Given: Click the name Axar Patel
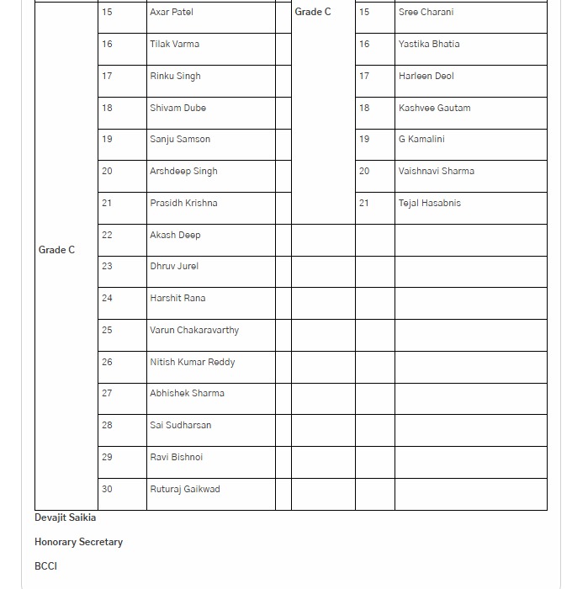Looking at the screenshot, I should pyautogui.click(x=171, y=13).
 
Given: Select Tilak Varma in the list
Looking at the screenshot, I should pyautogui.click(x=174, y=44).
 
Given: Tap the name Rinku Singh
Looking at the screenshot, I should pyautogui.click(x=175, y=76).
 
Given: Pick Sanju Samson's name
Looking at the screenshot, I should pyautogui.click(x=180, y=140).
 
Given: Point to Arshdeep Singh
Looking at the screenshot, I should pyautogui.click(x=183, y=172).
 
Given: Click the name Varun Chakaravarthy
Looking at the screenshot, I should pyautogui.click(x=194, y=331).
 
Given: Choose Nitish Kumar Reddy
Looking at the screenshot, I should pyautogui.click(x=192, y=362).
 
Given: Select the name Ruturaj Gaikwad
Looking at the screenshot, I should pyautogui.click(x=184, y=489).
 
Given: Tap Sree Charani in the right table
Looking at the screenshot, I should pyautogui.click(x=426, y=13).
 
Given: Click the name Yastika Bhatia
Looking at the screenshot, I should pyautogui.click(x=429, y=44).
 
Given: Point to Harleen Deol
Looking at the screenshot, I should pyautogui.click(x=426, y=76).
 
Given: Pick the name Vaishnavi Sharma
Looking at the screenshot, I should pyautogui.click(x=436, y=172).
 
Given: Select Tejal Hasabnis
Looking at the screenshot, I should pyautogui.click(x=429, y=203).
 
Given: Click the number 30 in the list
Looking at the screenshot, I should pyautogui.click(x=107, y=489).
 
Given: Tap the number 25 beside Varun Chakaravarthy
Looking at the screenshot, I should pyautogui.click(x=107, y=331).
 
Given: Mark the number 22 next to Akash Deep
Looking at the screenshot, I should pyautogui.click(x=107, y=235).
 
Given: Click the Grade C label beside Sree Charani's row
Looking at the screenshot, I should pyautogui.click(x=313, y=13).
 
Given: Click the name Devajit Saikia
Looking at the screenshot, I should pyautogui.click(x=65, y=517).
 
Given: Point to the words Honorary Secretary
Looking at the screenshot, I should pyautogui.click(x=78, y=542).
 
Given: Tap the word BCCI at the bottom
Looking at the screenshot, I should pyautogui.click(x=45, y=566).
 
